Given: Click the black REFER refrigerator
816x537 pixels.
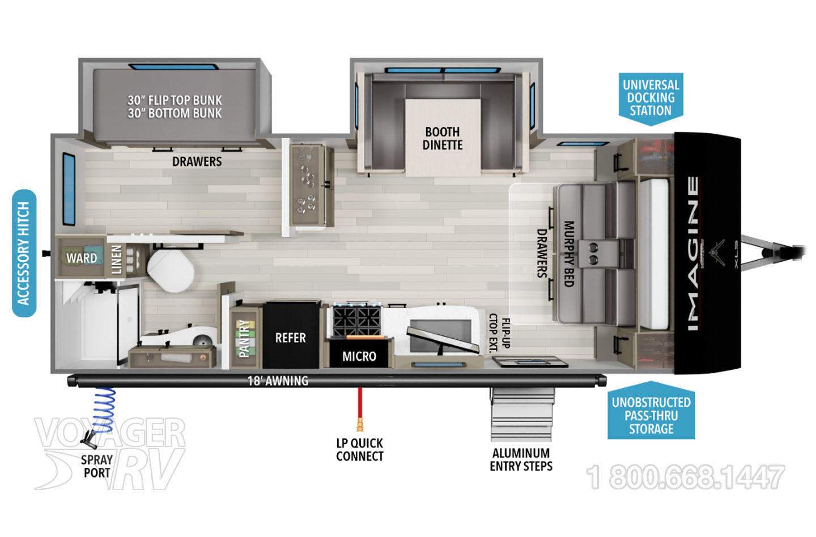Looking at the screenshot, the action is [291, 335].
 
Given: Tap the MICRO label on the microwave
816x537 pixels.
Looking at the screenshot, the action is [359, 356].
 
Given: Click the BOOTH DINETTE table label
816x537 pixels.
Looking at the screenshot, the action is [443, 138].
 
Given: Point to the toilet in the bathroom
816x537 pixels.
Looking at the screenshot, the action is [170, 270].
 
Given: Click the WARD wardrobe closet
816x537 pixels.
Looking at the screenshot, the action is [82, 257].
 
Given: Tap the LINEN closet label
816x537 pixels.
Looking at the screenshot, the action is [116, 259].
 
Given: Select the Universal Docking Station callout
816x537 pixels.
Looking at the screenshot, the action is [651, 99].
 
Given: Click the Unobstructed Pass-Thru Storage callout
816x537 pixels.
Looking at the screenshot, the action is [651, 411].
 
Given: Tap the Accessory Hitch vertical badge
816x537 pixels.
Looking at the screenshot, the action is [24, 253].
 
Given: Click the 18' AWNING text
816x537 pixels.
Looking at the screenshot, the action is [278, 381].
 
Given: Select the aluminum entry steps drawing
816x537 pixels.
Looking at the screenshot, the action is [522, 414].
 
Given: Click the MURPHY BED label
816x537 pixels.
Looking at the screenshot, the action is [569, 254].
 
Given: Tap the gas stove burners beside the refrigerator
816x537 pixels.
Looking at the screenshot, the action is [356, 320].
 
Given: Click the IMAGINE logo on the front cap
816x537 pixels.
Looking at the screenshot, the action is [694, 253].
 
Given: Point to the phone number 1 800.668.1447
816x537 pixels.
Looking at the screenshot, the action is [685, 477].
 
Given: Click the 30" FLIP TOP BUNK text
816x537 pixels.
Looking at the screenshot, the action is [175, 100].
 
